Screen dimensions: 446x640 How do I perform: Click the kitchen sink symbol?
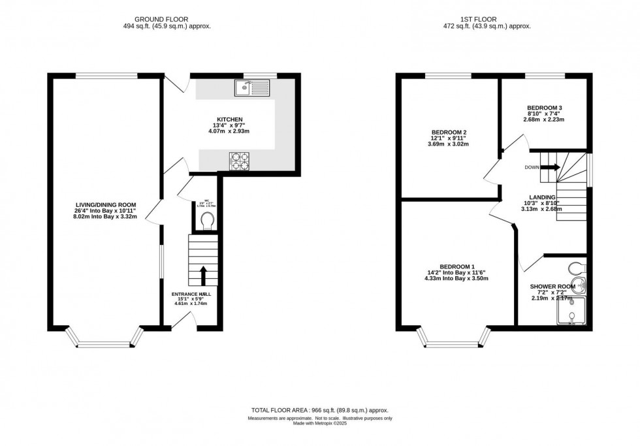252,87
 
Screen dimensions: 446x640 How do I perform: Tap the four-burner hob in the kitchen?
240,161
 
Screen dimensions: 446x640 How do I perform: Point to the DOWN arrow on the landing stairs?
551,167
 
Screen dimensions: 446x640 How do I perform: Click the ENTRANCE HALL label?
192,294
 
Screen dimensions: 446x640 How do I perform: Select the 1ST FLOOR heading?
487,18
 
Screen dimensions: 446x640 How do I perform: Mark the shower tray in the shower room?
571,313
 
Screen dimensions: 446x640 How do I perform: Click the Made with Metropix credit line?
320,423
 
